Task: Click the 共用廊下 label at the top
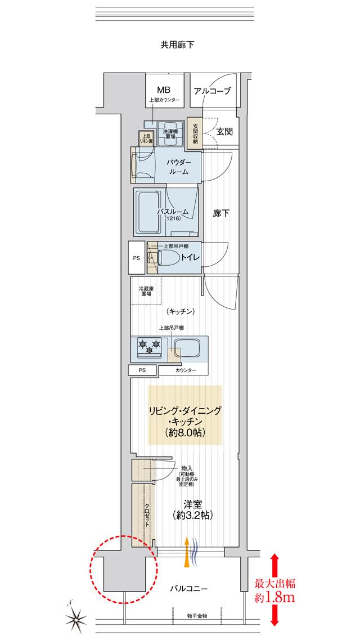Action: (x=177, y=45)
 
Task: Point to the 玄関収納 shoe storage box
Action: (x=195, y=133)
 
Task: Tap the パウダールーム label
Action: (x=179, y=167)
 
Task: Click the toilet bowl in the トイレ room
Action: (x=169, y=257)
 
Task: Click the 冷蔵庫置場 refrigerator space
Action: (x=146, y=290)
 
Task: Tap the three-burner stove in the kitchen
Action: (x=149, y=346)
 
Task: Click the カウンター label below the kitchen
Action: (x=186, y=370)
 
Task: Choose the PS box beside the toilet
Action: (x=136, y=258)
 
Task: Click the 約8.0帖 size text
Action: (x=184, y=433)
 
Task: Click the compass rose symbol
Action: (x=76, y=619)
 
